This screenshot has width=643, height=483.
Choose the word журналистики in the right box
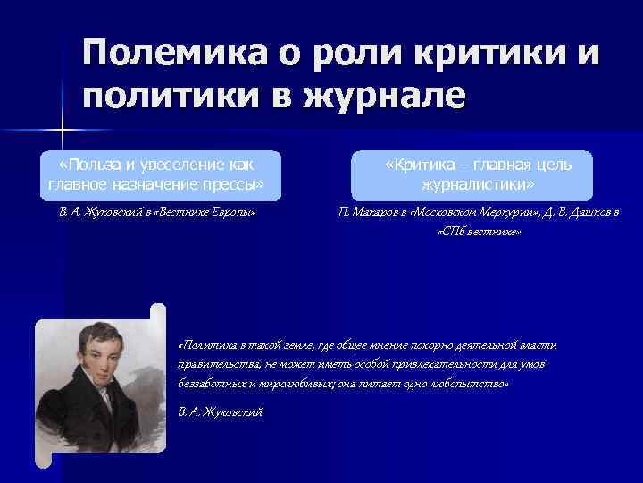[477, 184]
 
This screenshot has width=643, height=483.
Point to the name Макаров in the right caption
[378, 213]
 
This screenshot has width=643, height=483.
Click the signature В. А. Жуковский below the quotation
[221, 411]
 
